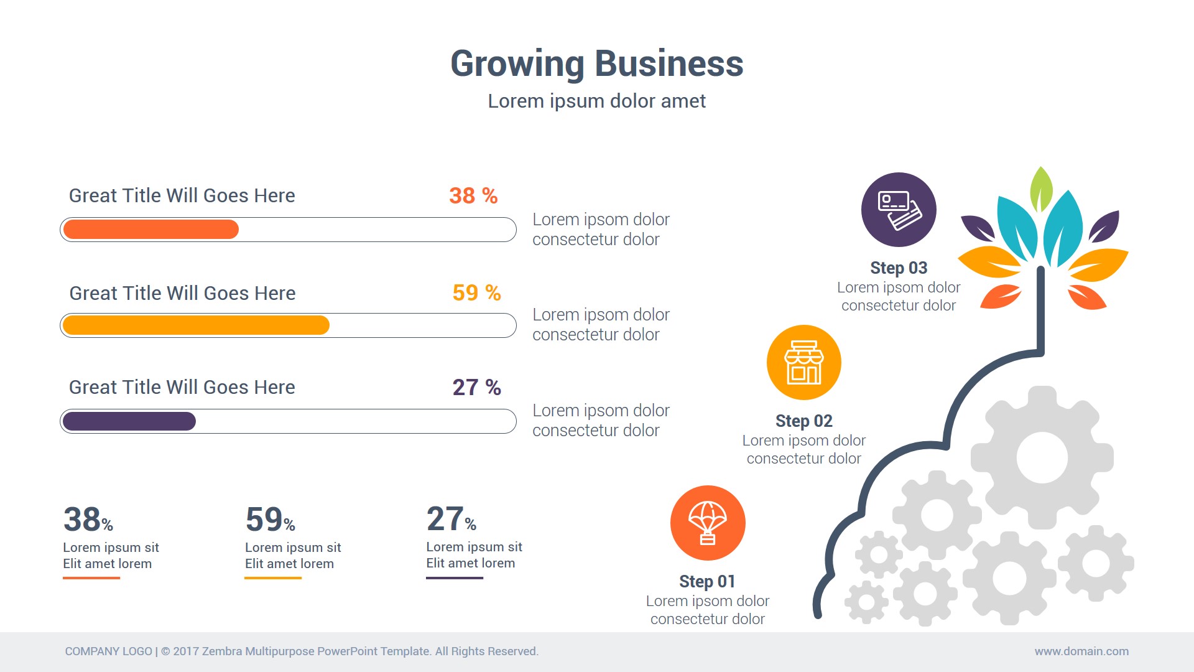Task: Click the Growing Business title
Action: [596, 64]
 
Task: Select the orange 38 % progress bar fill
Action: [150, 230]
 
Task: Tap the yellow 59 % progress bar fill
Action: [196, 325]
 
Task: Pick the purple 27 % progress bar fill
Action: [129, 421]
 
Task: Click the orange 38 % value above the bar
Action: [473, 196]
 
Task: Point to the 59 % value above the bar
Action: [476, 292]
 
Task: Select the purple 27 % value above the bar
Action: [476, 388]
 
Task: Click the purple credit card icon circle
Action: [899, 210]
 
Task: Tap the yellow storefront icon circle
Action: [804, 362]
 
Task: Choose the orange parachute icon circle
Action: [708, 523]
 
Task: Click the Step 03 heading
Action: [899, 268]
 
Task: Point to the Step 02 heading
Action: [803, 421]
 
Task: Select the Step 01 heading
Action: [707, 581]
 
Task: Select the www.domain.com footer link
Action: [1081, 651]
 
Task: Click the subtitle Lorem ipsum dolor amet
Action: [596, 101]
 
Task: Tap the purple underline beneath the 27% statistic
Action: [455, 578]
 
